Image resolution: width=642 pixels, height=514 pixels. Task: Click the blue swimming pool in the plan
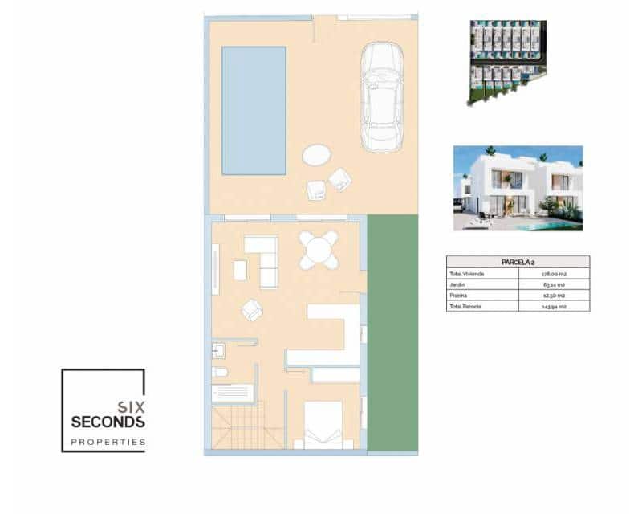(x=254, y=110)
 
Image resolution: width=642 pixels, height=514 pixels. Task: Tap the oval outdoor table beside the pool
(x=315, y=154)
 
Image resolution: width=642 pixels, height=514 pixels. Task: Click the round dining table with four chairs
(x=319, y=250)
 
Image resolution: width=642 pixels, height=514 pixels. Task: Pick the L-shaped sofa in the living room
(x=263, y=259)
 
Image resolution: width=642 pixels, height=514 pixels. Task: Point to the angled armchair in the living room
(x=253, y=309)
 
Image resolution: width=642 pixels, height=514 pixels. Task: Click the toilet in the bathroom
(x=220, y=373)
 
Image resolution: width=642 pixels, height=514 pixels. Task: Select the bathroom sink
(x=218, y=350)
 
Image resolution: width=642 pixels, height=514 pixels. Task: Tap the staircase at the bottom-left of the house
(x=248, y=427)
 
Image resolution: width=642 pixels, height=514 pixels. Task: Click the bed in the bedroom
(x=324, y=424)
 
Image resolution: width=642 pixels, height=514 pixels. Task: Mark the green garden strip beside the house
(x=392, y=332)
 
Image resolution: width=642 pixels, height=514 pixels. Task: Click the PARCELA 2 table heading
(x=518, y=262)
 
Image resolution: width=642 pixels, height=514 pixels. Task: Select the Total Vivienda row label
(x=468, y=274)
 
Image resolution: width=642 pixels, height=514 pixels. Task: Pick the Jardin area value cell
(x=554, y=284)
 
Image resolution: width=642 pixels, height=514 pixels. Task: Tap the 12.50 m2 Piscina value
(x=554, y=296)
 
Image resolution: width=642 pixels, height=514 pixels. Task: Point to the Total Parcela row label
(x=467, y=306)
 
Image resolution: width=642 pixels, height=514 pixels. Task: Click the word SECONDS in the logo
(x=108, y=422)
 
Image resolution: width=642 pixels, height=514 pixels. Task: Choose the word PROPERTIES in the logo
(x=108, y=442)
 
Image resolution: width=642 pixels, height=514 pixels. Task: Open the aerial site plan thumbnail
(x=507, y=63)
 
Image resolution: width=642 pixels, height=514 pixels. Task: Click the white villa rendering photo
(x=518, y=188)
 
